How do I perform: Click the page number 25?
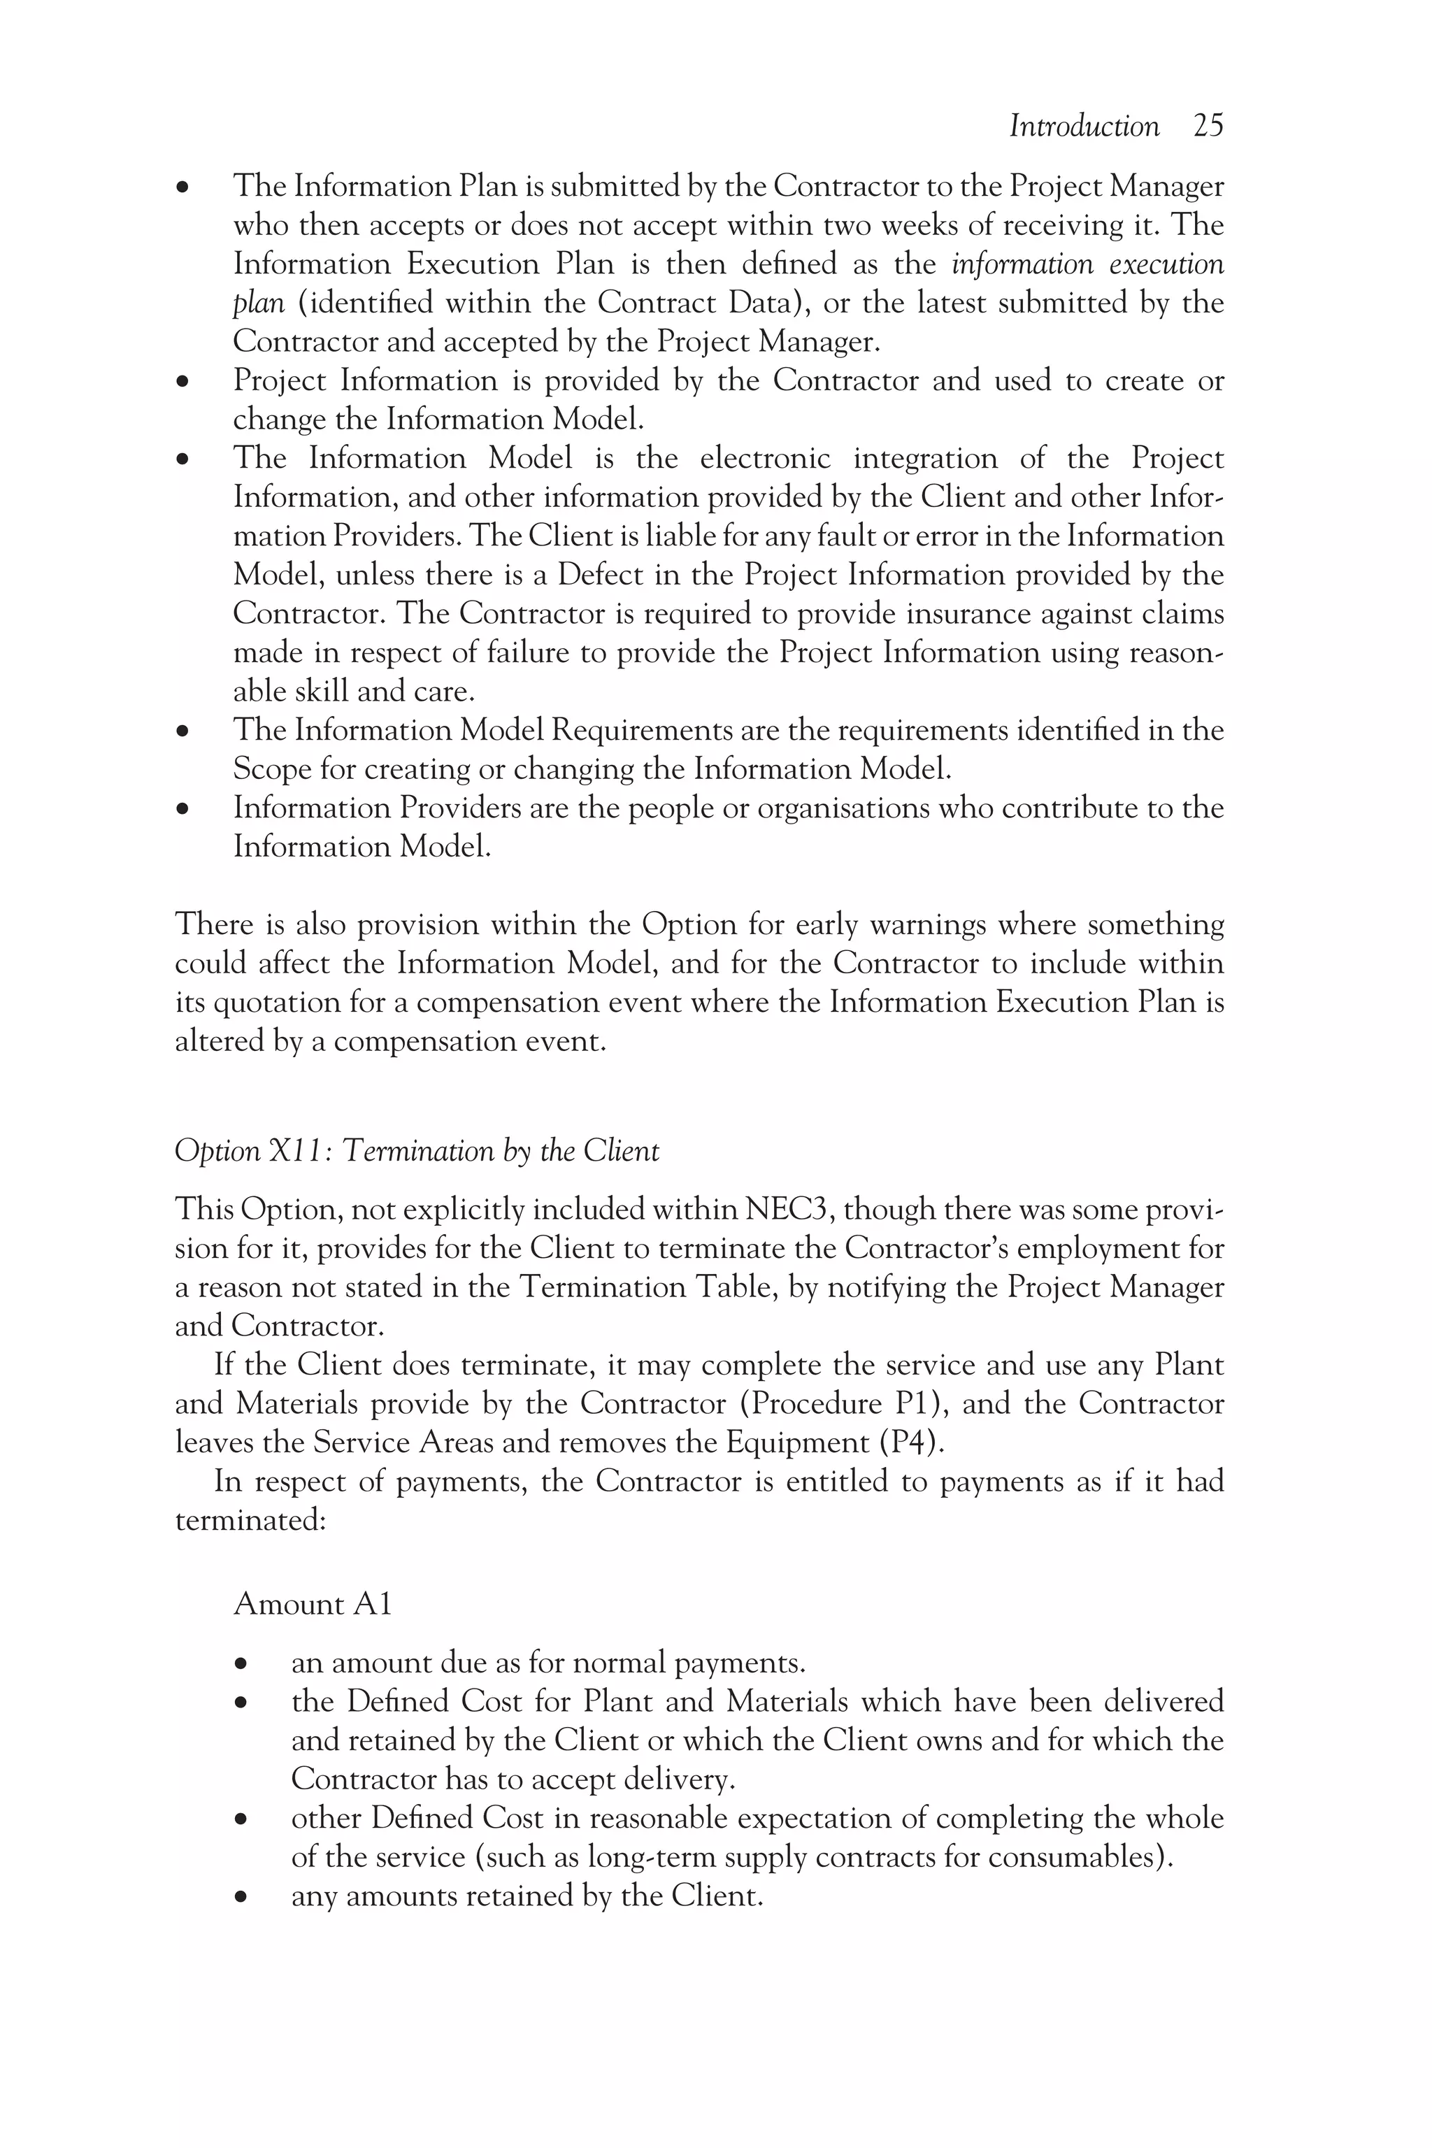pyautogui.click(x=1208, y=126)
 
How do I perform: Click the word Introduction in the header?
pyautogui.click(x=1084, y=126)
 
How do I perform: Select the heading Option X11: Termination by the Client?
pyautogui.click(x=417, y=1151)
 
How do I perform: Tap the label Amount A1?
pyautogui.click(x=313, y=1604)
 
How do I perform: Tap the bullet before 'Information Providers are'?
pyautogui.click(x=184, y=809)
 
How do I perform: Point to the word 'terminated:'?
pyautogui.click(x=250, y=1521)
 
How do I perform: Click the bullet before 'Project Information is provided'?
pyautogui.click(x=184, y=382)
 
